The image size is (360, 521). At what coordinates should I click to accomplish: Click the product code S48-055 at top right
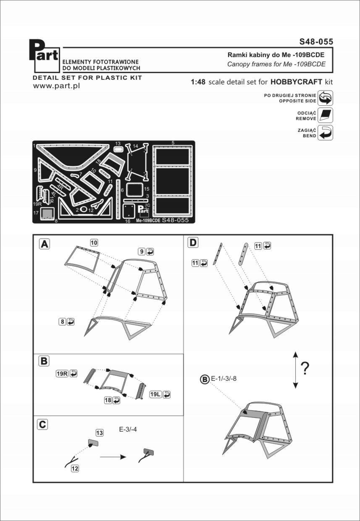pos(316,42)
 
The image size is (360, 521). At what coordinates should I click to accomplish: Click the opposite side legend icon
pos(325,98)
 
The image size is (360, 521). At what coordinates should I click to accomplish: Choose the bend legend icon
pos(325,133)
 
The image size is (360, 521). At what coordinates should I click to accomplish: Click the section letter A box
pos(45,243)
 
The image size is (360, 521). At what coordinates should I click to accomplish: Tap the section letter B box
pos(44,361)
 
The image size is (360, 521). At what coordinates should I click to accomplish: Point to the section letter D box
pos(193,242)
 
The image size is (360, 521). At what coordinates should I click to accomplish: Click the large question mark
pos(305,368)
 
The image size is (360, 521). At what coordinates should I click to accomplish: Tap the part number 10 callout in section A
pos(94,242)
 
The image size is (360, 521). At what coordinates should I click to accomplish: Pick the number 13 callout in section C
pos(99,432)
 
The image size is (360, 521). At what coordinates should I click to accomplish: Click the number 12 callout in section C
pos(75,469)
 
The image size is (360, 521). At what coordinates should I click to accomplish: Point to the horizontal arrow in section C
pos(113,457)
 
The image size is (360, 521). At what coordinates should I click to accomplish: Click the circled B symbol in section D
pos(205,380)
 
